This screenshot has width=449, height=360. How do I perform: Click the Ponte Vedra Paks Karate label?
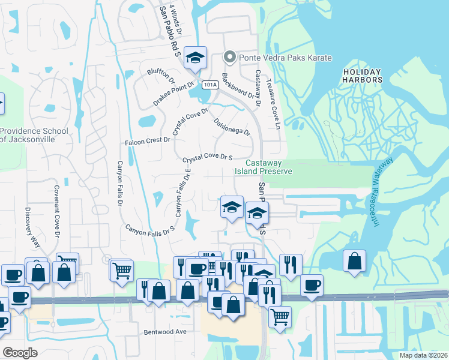286,58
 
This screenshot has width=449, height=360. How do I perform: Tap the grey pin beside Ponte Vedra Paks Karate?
229,58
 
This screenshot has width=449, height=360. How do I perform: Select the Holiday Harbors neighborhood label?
362,76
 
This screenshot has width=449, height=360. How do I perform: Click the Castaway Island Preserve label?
268,167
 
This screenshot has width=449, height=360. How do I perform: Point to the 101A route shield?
209,85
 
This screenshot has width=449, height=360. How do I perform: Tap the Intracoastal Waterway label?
383,191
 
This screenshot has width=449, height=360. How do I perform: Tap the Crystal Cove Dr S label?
207,157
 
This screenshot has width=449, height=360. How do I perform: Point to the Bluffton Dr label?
160,76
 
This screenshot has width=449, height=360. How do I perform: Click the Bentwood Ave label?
166,331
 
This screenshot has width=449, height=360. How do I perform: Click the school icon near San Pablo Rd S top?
195,58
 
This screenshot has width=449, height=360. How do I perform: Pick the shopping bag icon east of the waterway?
355,260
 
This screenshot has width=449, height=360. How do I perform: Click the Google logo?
20,353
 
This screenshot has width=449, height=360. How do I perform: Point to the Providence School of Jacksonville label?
28,134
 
